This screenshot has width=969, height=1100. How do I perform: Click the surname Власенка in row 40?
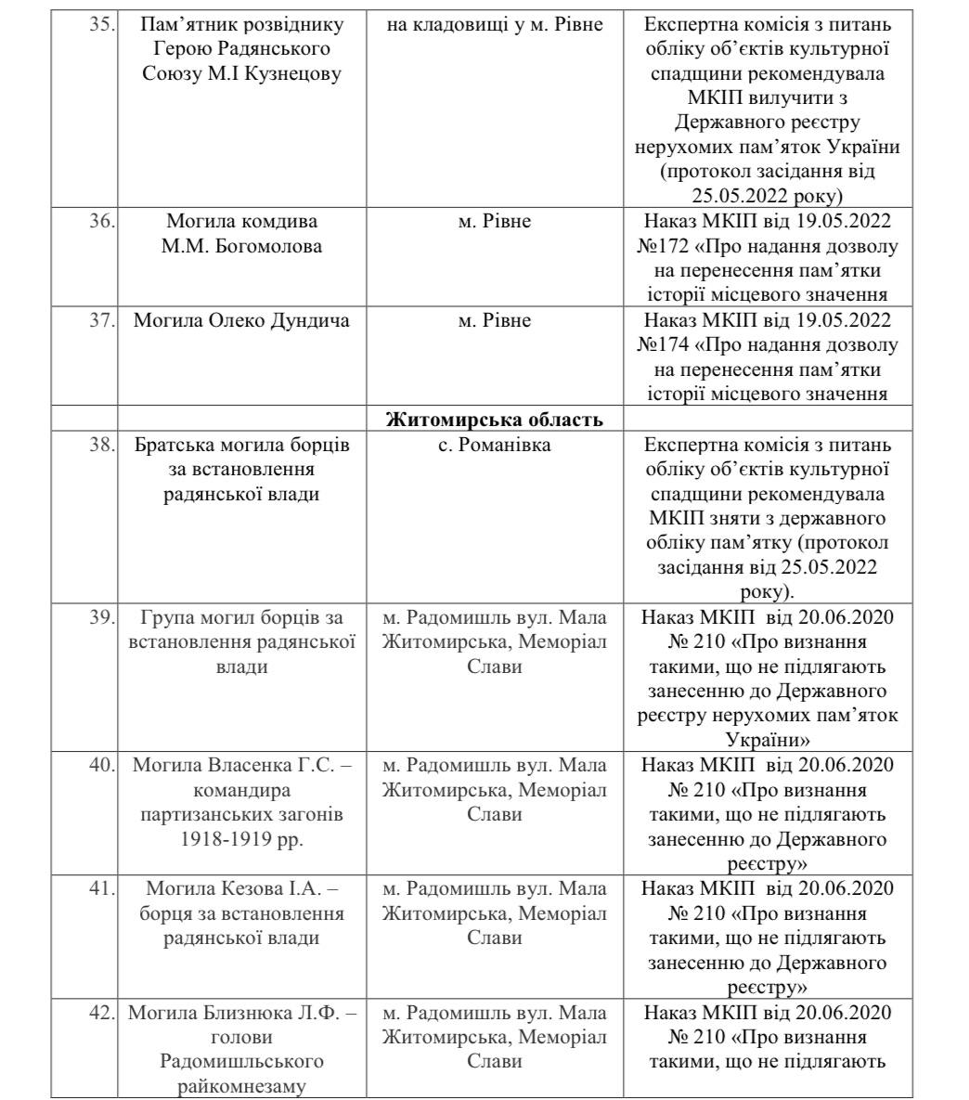coord(241,766)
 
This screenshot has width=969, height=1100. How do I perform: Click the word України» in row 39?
coord(766,741)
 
